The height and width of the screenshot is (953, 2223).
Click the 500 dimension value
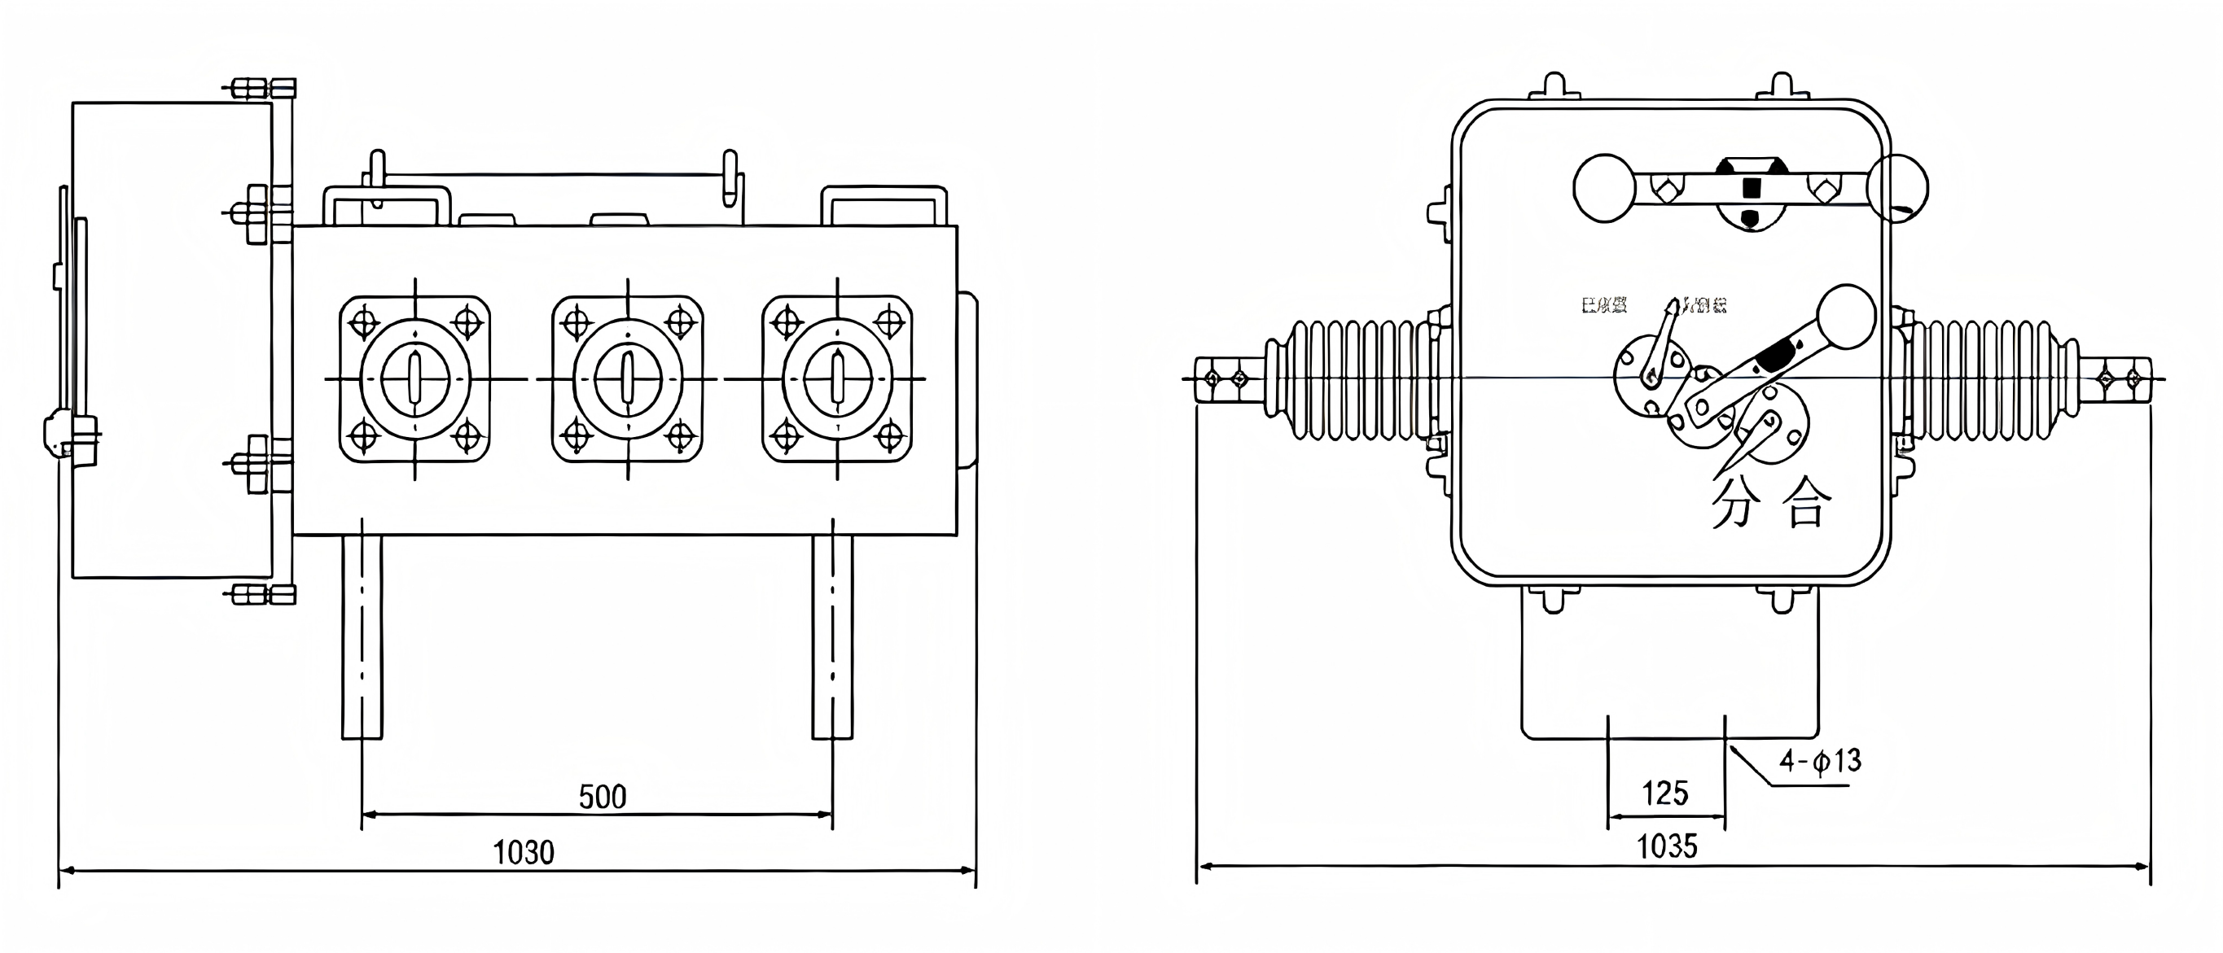point(602,796)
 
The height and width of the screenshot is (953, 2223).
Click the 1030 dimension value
point(523,852)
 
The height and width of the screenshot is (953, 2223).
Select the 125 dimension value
point(1664,793)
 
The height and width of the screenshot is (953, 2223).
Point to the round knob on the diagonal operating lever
point(1847,317)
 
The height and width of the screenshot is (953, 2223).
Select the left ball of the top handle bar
point(1604,188)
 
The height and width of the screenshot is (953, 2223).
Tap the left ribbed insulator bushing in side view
point(1346,379)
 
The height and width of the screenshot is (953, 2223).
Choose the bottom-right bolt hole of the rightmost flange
point(891,436)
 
